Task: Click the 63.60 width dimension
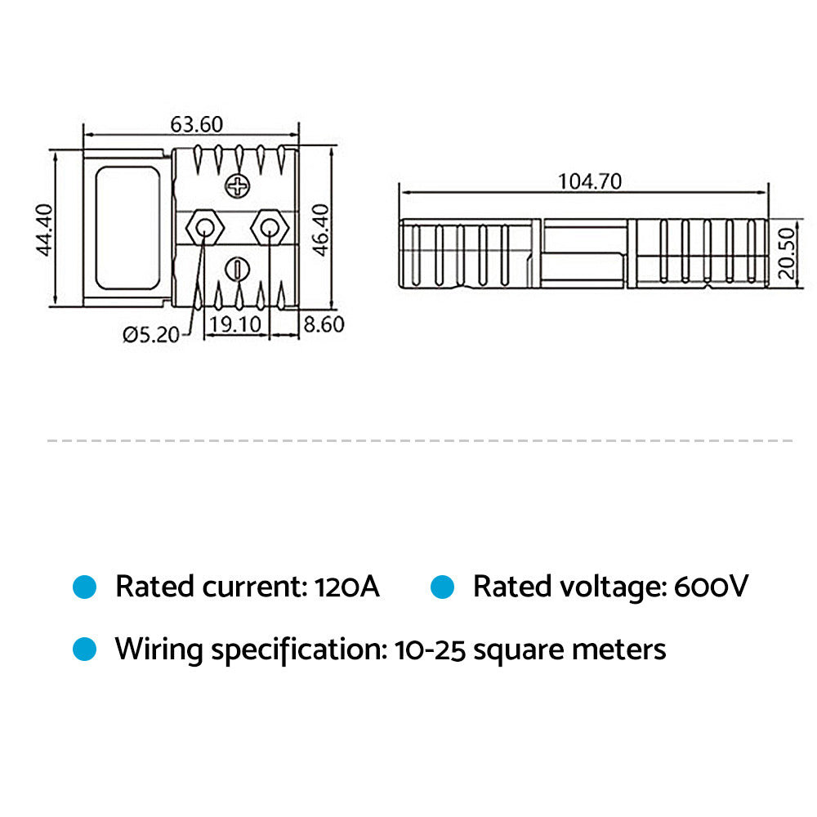(x=196, y=124)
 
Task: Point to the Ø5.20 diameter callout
(x=150, y=333)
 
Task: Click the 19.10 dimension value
(x=234, y=325)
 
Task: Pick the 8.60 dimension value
(x=324, y=325)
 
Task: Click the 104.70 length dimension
(x=589, y=181)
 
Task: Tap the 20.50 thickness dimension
(x=786, y=253)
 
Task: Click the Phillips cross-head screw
(x=238, y=187)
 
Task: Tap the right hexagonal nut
(x=266, y=226)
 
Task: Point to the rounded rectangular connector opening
(x=128, y=228)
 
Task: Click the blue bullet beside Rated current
(x=85, y=587)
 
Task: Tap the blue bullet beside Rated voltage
(x=443, y=587)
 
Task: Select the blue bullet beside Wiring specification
(x=85, y=650)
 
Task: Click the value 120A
(x=346, y=587)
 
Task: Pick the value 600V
(x=711, y=587)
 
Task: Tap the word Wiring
(x=158, y=650)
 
